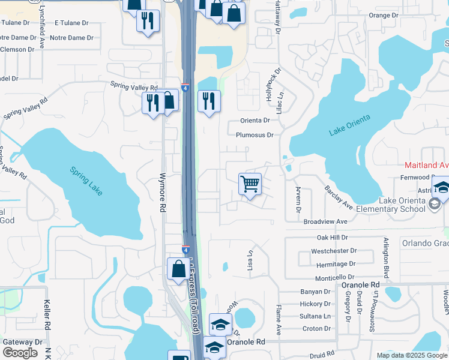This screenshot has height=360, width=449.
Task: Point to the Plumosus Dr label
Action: [x=255, y=135]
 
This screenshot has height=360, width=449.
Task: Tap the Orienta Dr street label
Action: [x=255, y=121]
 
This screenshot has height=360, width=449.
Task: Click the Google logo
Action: [x=20, y=352]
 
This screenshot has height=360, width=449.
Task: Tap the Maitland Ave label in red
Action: [x=426, y=165]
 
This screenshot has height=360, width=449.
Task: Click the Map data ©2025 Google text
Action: [x=411, y=355]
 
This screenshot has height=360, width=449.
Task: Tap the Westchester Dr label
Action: [x=334, y=250]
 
